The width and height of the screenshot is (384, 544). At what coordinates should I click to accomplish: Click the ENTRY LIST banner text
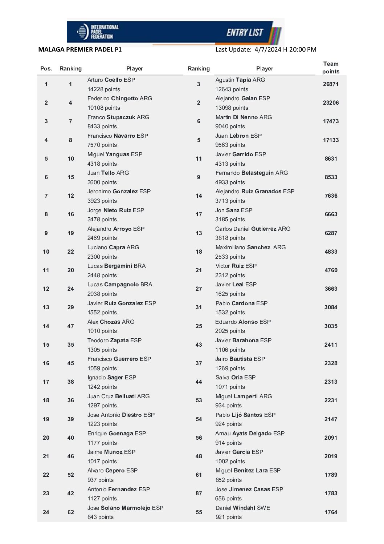click(245, 33)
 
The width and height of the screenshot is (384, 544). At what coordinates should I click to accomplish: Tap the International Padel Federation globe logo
click(83, 32)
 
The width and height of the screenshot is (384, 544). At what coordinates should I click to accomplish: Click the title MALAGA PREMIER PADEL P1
click(80, 49)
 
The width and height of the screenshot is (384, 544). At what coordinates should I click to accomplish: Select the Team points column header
click(331, 68)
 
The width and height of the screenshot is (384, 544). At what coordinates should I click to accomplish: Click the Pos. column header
click(46, 68)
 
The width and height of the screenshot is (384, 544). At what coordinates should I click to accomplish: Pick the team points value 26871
click(331, 84)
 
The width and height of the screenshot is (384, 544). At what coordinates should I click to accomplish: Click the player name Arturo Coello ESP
click(111, 80)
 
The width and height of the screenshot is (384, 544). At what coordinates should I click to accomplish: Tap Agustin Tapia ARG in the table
click(240, 80)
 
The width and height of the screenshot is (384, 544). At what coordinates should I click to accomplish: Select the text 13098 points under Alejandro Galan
click(232, 108)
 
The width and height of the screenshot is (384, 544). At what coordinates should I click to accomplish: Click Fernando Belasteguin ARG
click(252, 173)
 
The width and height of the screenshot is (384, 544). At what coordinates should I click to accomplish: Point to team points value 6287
click(331, 233)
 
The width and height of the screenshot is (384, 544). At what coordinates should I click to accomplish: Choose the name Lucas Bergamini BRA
click(116, 266)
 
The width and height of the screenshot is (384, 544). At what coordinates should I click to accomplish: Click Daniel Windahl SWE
click(242, 508)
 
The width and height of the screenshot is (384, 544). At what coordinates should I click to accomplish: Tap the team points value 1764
click(331, 512)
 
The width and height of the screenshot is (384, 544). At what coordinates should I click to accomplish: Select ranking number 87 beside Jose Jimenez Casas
click(199, 493)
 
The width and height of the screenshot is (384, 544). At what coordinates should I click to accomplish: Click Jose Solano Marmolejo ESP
click(125, 508)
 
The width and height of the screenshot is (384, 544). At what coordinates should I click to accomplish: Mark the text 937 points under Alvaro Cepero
click(101, 480)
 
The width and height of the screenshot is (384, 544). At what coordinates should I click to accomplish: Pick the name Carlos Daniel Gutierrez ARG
click(253, 229)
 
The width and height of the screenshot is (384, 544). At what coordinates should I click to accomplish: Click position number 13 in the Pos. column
click(46, 307)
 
